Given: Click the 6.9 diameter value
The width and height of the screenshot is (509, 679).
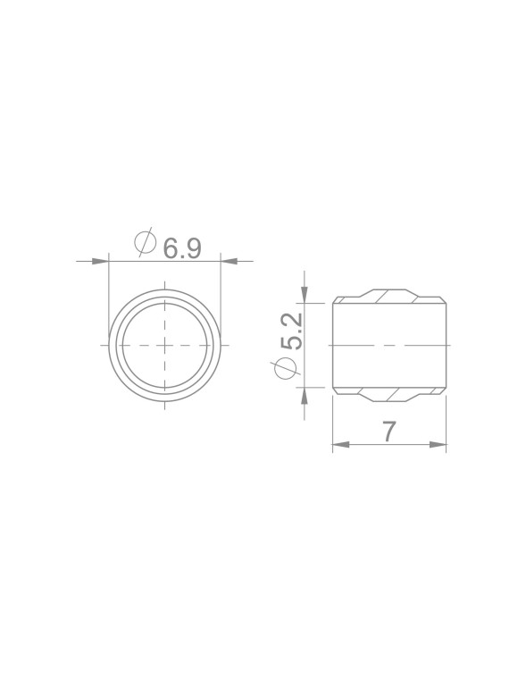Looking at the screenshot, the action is click(x=182, y=248).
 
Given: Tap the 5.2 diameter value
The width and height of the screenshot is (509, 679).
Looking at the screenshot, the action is click(x=291, y=331).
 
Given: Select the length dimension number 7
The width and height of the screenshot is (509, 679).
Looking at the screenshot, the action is click(x=389, y=432).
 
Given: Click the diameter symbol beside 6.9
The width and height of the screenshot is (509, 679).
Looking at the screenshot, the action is click(x=145, y=241).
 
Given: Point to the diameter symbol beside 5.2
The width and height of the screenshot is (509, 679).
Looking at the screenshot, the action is click(x=285, y=367).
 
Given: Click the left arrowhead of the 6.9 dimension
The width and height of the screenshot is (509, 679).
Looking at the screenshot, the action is click(x=100, y=261).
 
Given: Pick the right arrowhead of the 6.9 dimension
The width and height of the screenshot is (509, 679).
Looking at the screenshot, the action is click(x=229, y=261).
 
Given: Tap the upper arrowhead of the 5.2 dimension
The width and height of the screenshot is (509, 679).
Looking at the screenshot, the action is click(x=305, y=296).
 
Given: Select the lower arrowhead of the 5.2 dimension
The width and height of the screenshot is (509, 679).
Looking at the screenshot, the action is click(x=305, y=396).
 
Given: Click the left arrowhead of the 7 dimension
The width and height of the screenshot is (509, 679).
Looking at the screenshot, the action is click(x=340, y=444).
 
